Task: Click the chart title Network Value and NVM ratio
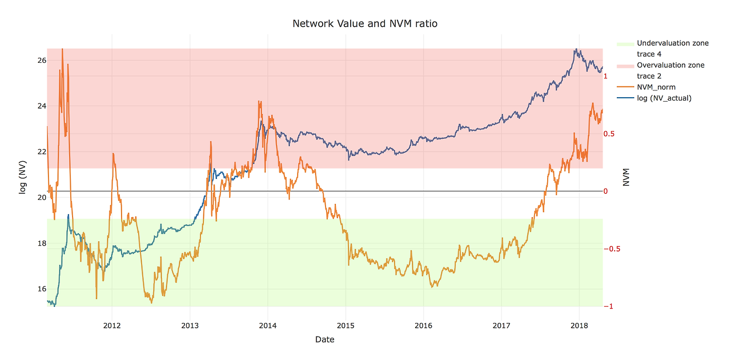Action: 365,23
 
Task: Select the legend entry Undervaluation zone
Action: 672,43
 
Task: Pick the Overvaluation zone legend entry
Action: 670,65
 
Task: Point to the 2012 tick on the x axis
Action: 112,326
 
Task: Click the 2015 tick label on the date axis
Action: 346,326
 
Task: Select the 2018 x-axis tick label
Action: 579,326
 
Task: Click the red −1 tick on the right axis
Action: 609,307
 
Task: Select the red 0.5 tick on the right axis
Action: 609,134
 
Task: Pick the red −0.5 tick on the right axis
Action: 612,249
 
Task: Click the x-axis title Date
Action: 324,339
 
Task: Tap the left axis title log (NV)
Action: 23,177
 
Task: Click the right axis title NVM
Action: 626,177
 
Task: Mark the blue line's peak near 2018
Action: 576,49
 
